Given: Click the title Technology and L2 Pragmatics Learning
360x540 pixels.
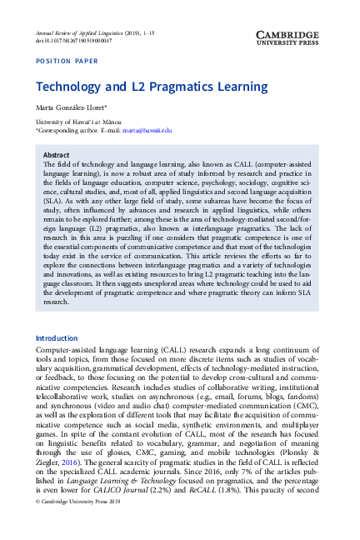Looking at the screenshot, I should point(152,86).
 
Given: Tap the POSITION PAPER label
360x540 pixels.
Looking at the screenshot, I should point(67,61).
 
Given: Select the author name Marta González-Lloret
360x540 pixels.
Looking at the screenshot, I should point(69,109).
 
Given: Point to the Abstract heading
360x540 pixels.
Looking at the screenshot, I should point(56,155).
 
